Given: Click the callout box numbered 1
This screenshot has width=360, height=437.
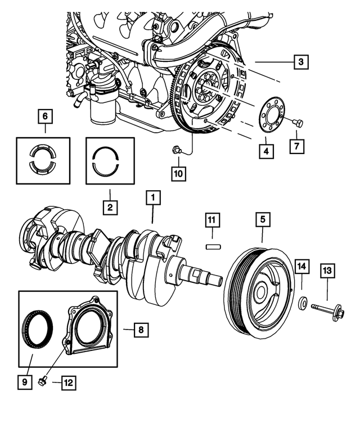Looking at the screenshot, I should coord(153,197).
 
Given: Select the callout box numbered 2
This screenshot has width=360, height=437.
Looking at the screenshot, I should coord(110,208).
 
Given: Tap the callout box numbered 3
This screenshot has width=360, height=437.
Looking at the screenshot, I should coord(301,61).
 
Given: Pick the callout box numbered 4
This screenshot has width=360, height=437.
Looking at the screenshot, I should coord(264,150).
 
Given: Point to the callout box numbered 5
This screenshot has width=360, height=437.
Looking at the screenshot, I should coord(262,219).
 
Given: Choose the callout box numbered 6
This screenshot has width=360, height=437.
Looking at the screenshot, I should coord(46,117).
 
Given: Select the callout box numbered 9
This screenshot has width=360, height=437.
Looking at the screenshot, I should coord(25,383).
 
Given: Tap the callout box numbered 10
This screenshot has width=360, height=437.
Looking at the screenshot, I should coord(178,174).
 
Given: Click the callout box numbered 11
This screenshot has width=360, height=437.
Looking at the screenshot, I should coord(213,220).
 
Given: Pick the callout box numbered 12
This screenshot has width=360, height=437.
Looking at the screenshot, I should coord(67,383).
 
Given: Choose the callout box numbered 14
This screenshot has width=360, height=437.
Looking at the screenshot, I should coord(302,265).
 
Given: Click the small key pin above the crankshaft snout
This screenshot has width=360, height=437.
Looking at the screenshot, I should coord(213,246).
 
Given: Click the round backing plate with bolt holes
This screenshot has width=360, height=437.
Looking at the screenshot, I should coord(272,118).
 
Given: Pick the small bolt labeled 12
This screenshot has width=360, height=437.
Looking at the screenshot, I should coord(43,382).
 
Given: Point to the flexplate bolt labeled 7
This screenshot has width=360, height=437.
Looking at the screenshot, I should coord(298,122).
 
